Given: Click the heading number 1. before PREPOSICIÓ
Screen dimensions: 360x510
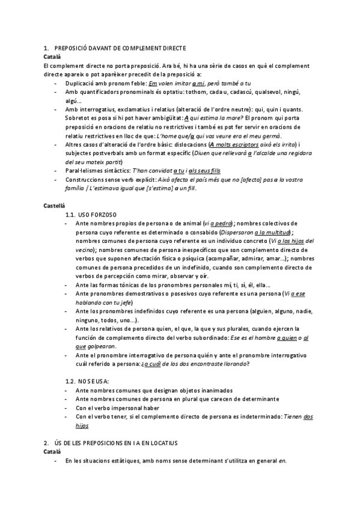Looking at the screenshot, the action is pos(46,48).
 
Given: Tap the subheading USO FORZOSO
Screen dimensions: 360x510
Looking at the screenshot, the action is pos(98,214).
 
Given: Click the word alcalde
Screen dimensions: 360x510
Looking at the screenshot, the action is pos(260,154).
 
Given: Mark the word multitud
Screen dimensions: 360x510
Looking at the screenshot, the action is pos(276,232).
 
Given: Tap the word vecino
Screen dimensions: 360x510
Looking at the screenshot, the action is pos(85,249).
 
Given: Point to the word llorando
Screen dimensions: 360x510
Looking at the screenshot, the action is pos(233,364).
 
